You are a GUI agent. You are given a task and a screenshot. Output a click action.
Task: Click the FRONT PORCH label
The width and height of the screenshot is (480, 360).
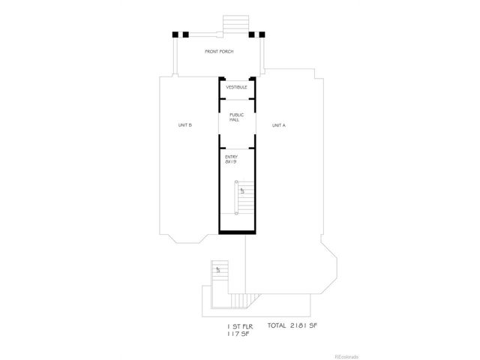click(220, 52)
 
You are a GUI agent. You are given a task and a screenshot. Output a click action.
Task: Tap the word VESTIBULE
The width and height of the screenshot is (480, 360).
click(236, 87)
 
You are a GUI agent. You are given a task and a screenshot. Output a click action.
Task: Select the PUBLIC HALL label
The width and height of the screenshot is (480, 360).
click(236, 118)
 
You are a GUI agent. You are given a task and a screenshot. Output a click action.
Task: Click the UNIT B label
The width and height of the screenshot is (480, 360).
click(185, 125)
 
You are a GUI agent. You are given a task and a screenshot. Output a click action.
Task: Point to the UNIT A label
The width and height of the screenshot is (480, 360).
click(278, 125)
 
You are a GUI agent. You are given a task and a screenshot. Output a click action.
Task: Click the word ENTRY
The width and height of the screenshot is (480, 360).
click(231, 156)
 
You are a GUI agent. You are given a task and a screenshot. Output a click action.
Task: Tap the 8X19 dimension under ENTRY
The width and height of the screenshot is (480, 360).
click(230, 162)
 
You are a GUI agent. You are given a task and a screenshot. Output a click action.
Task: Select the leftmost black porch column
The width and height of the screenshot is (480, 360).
click(177, 34)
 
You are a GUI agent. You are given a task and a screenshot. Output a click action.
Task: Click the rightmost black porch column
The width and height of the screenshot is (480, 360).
click(262, 34)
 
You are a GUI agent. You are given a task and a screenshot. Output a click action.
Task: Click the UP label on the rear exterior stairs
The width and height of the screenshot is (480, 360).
click(217, 270)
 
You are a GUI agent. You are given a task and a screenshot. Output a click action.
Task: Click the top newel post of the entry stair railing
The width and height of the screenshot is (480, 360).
click(236, 181)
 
